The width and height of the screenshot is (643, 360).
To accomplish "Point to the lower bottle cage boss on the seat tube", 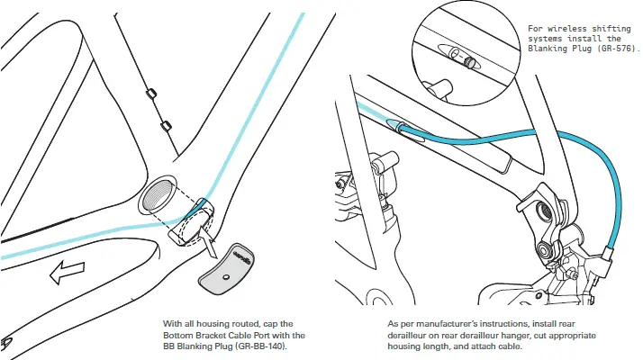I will point(164,124).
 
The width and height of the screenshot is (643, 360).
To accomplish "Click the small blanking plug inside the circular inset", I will point(468,62).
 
